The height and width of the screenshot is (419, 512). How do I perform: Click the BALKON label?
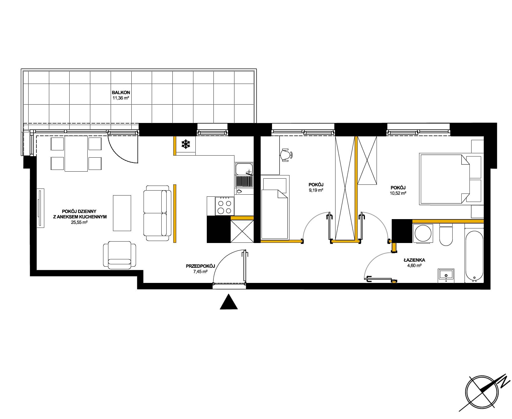pos(121,93)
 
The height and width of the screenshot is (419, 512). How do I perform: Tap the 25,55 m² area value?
pos(80,222)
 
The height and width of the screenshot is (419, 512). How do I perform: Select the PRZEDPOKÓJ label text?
pos(200,266)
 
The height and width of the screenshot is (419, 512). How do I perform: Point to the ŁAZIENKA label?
pos(414,260)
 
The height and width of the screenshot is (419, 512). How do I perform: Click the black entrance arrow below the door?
pos(229,301)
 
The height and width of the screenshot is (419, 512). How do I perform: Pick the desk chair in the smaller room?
pos(287,155)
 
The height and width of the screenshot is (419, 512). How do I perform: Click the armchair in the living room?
pos(119,255)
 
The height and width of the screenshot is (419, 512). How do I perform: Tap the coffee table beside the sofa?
pos(122,213)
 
